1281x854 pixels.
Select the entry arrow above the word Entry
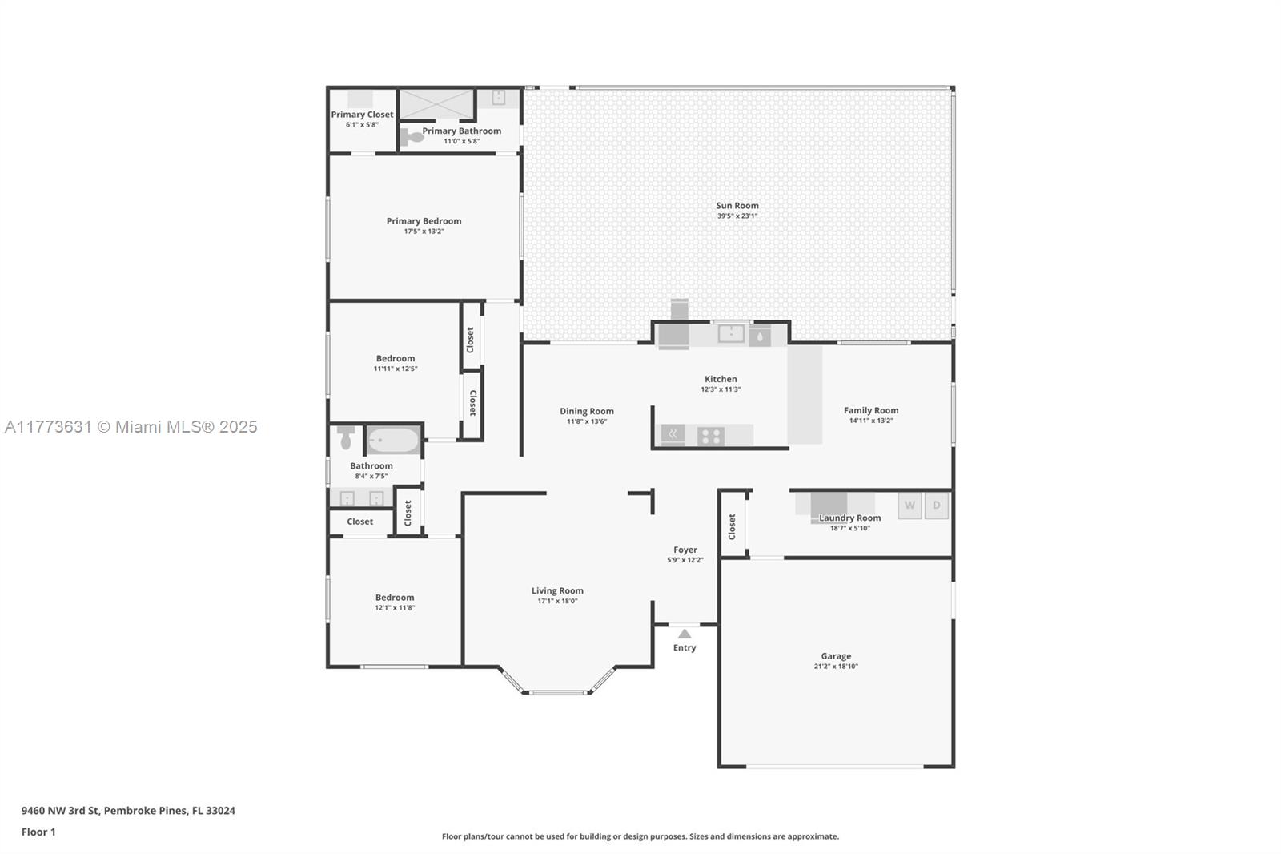pyautogui.click(x=685, y=634)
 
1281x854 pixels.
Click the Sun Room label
pyautogui.click(x=737, y=205)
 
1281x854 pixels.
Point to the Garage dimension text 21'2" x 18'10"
pyautogui.click(x=836, y=667)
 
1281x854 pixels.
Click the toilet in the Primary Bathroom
pyautogui.click(x=412, y=137)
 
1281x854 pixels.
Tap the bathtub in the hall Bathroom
pyautogui.click(x=393, y=440)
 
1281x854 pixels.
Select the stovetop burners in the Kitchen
pyautogui.click(x=710, y=437)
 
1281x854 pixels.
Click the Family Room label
pyautogui.click(x=871, y=410)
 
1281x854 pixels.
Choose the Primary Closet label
pyautogui.click(x=362, y=115)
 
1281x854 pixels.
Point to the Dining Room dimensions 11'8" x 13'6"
pyautogui.click(x=587, y=421)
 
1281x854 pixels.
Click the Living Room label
pyautogui.click(x=557, y=590)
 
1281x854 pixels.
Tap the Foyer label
pyautogui.click(x=685, y=550)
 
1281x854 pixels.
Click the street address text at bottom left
pyautogui.click(x=128, y=811)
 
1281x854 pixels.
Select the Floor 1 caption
pyautogui.click(x=38, y=832)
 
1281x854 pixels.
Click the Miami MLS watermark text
pyautogui.click(x=131, y=427)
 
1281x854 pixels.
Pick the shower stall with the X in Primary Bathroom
pyautogui.click(x=437, y=104)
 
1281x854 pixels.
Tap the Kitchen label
pyautogui.click(x=721, y=379)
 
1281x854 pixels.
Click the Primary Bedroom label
pyautogui.click(x=424, y=221)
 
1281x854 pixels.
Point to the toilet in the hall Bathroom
pyautogui.click(x=346, y=437)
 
